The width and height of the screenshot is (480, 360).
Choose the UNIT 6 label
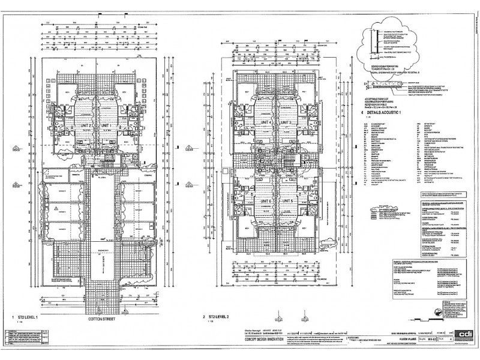264,200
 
